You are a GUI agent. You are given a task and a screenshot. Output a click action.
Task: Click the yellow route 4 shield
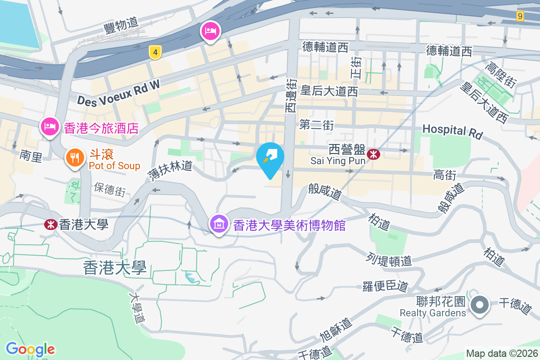(155, 53)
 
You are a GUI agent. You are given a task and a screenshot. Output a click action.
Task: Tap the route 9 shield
(520, 16)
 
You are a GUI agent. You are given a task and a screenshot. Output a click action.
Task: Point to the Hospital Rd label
(452, 131)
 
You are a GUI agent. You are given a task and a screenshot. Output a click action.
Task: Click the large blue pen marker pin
(270, 158)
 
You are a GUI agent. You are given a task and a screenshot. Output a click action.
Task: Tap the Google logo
(30, 349)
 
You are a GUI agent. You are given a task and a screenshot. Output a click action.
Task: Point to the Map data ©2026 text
(501, 353)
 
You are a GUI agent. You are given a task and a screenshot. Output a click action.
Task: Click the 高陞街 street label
(500, 75)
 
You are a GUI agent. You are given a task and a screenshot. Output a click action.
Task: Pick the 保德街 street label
(110, 190)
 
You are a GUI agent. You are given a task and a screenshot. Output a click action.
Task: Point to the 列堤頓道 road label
(389, 260)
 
